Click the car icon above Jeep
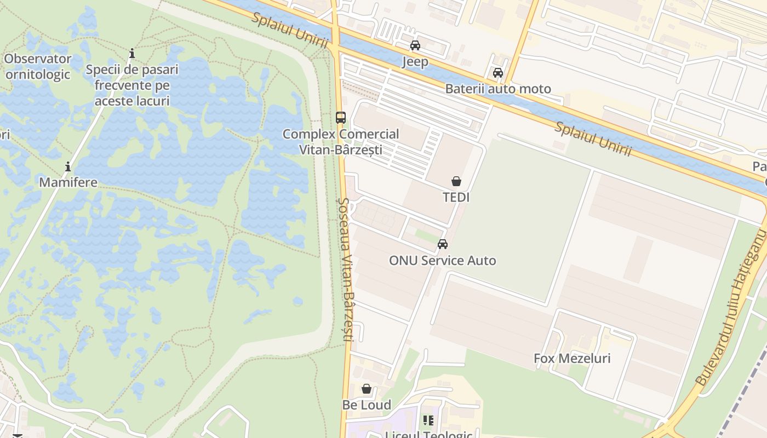pos(415,45)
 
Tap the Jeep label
pos(415,61)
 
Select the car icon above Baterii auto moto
pos(498,72)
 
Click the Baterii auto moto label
pos(498,89)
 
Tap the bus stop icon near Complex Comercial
pos(341,117)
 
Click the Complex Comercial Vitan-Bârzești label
pos(341,142)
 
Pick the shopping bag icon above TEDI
pos(456,181)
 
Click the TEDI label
pos(456,197)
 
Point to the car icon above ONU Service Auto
pos(443,244)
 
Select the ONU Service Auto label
pos(443,261)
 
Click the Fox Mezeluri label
pos(572,359)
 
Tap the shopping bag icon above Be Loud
pos(367,389)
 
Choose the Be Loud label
pos(367,405)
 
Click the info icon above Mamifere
pos(68,166)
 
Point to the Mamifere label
pos(68,182)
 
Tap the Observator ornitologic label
pos(38,66)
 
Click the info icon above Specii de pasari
pos(132,54)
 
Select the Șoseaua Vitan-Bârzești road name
pos(344,268)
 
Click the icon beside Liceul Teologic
pos(428,420)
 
